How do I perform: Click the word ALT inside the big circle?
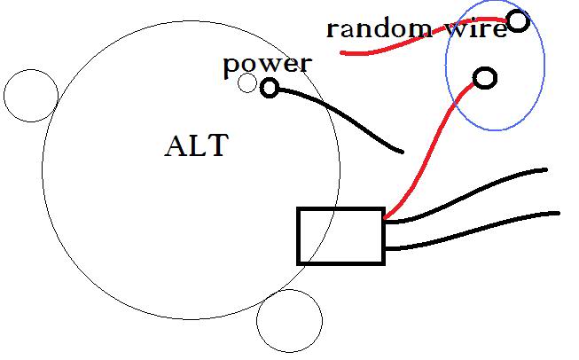coord(196,145)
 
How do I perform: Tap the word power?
coord(266,64)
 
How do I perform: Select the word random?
coord(379,28)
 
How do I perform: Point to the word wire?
coord(476,28)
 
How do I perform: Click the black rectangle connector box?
coord(340,236)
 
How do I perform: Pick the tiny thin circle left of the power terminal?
coord(248,83)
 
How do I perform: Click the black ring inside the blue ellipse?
coord(485,78)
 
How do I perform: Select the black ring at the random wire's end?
coord(517,20)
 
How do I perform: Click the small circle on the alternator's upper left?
coord(31,95)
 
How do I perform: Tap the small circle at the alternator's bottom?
coord(289,320)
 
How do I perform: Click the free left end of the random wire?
coord(344,53)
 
